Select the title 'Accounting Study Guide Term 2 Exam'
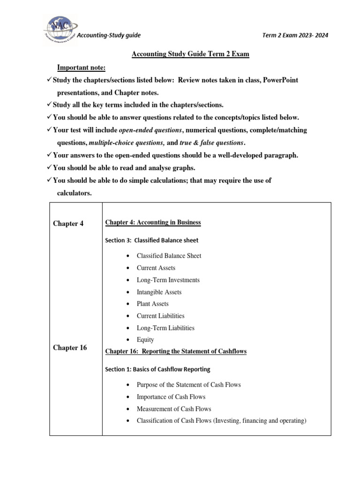click(x=190, y=54)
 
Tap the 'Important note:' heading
click(x=82, y=67)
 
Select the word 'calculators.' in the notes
click(x=74, y=193)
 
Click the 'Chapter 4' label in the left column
click(x=68, y=224)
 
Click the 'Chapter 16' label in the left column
click(x=70, y=348)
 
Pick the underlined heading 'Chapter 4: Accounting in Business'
click(x=153, y=222)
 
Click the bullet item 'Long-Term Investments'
click(x=168, y=280)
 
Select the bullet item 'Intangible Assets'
click(x=159, y=292)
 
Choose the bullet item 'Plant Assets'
click(x=152, y=304)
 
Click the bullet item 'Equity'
click(x=145, y=340)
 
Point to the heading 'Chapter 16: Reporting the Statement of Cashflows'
click(x=176, y=351)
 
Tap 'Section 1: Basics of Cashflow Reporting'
click(x=158, y=369)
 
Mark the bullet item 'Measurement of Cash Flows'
click(x=174, y=409)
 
